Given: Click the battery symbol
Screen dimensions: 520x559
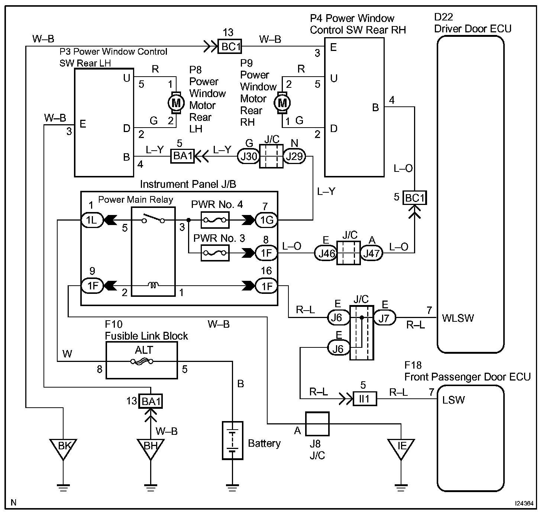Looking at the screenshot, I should click(x=232, y=440).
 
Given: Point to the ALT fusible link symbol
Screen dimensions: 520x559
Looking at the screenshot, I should click(x=142, y=361).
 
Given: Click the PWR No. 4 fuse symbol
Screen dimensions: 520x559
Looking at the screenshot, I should click(x=215, y=220).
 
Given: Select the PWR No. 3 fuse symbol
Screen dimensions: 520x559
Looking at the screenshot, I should click(x=215, y=253).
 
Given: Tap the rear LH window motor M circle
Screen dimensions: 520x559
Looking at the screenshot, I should click(x=176, y=103).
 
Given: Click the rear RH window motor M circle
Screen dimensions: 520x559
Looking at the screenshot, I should click(x=282, y=103).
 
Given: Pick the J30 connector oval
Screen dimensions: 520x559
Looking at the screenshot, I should click(x=249, y=157).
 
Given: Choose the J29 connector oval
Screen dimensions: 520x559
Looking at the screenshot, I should click(x=294, y=157).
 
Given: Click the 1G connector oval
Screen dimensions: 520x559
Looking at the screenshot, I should click(x=266, y=220).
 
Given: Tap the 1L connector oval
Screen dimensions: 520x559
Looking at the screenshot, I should click(x=92, y=220).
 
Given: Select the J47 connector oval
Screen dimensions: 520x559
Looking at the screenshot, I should click(x=372, y=253).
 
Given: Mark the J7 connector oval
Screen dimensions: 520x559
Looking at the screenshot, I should click(x=384, y=318).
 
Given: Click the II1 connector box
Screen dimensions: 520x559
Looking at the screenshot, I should click(x=365, y=399).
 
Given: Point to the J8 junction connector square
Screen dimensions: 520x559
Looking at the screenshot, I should click(x=317, y=424).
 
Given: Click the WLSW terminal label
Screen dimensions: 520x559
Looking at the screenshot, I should click(x=458, y=318).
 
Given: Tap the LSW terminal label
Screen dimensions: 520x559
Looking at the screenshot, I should click(x=453, y=400).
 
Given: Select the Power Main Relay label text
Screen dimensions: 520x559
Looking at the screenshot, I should click(x=136, y=200).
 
